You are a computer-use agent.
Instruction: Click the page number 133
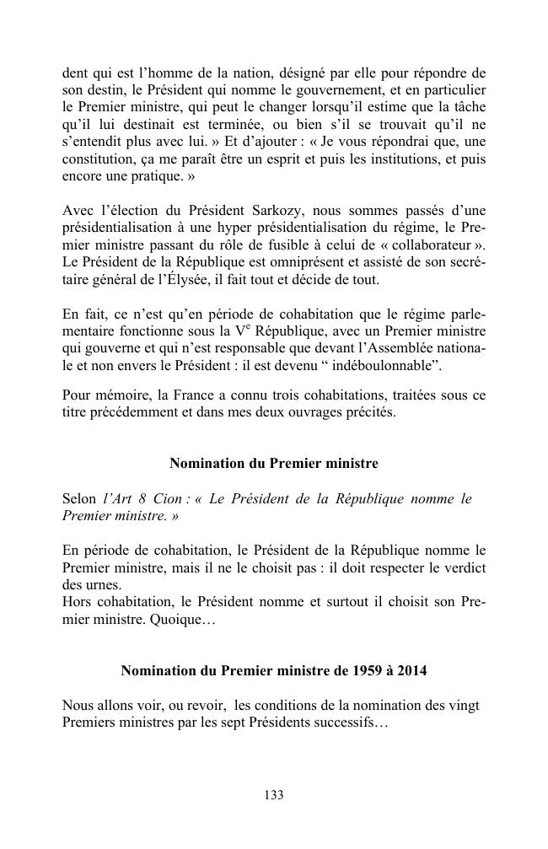[x=273, y=795]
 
